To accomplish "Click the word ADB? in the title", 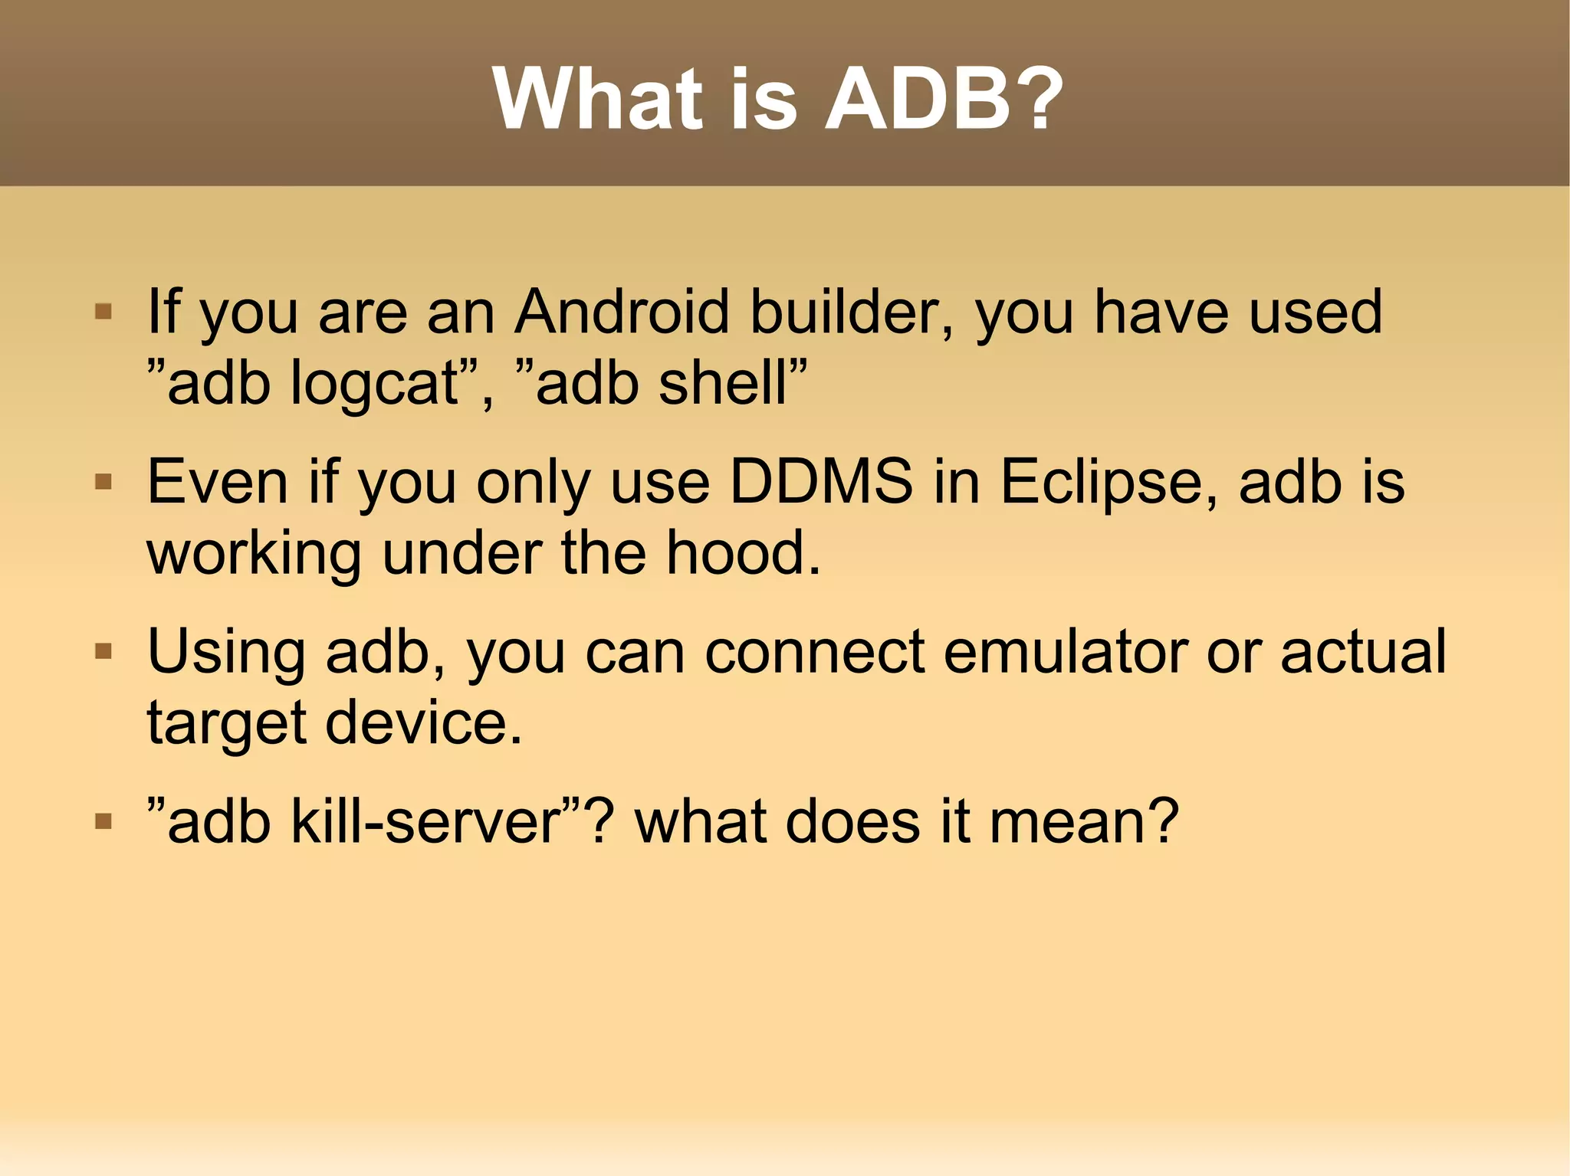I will (943, 100).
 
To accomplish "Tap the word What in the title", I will (598, 100).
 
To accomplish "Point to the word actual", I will (1363, 652).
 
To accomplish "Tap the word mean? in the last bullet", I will (1083, 822).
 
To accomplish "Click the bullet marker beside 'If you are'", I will (103, 312).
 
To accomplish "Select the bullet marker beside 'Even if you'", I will (103, 482).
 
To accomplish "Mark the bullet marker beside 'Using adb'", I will (103, 652).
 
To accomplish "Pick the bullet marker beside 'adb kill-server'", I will (103, 822).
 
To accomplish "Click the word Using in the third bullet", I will (226, 654).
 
